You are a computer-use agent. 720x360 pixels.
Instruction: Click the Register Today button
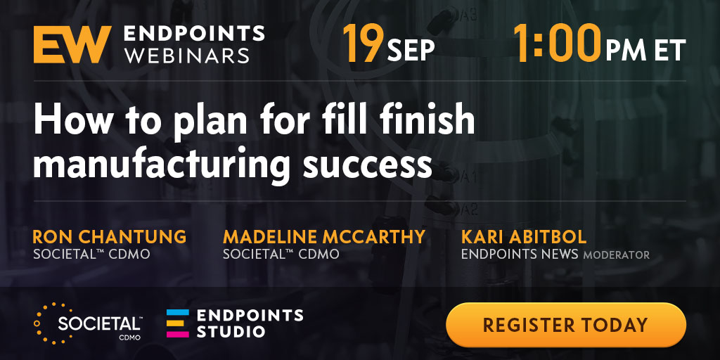(566, 325)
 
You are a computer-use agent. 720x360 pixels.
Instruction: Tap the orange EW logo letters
(72, 44)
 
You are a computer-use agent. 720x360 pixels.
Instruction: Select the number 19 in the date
(363, 44)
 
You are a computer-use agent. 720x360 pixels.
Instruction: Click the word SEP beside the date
(410, 51)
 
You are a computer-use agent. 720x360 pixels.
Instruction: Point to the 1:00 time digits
(557, 44)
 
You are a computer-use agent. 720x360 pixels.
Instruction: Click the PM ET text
(645, 51)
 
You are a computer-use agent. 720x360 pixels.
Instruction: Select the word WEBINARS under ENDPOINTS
(187, 55)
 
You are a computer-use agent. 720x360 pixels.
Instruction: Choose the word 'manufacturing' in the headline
(161, 165)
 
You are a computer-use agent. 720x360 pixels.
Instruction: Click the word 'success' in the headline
(367, 166)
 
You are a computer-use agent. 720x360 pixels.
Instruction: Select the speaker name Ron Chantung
(109, 237)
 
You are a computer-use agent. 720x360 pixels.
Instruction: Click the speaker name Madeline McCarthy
(323, 237)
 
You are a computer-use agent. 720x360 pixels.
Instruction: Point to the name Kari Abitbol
(524, 237)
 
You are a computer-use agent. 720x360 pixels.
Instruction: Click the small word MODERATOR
(616, 255)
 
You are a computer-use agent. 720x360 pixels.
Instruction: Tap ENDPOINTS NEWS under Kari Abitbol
(520, 254)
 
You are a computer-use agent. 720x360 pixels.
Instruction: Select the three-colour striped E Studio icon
(178, 323)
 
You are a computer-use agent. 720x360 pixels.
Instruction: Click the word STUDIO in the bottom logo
(231, 331)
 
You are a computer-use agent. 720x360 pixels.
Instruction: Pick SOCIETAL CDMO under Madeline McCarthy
(281, 254)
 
